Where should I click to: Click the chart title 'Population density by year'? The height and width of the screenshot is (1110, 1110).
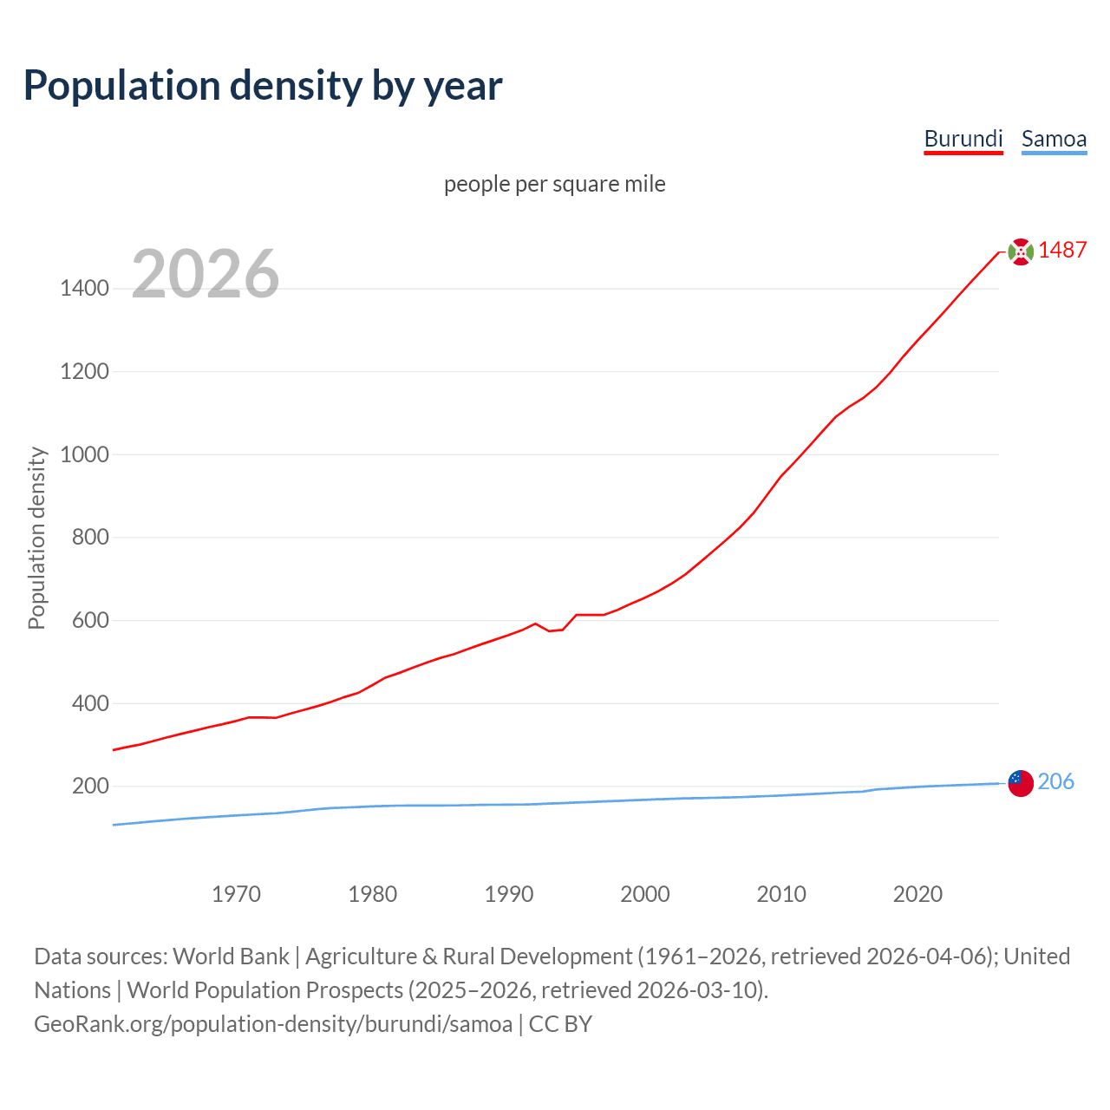click(263, 86)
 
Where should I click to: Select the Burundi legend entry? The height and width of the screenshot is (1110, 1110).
click(963, 139)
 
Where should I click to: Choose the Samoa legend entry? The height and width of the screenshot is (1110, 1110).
click(1054, 139)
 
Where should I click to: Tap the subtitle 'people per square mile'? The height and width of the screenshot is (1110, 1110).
click(555, 184)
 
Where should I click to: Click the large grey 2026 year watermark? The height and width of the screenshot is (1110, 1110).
click(206, 274)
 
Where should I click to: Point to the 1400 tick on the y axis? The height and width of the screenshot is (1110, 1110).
click(84, 288)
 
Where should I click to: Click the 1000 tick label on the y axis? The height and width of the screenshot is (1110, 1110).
click(84, 454)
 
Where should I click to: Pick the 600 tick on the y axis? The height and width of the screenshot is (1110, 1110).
click(90, 620)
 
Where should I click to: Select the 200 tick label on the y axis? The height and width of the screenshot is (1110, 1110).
click(90, 787)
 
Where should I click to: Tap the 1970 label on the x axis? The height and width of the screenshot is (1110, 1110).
click(236, 894)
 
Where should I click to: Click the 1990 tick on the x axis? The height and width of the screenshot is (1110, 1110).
click(509, 894)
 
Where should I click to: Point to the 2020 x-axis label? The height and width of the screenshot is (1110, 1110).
click(917, 894)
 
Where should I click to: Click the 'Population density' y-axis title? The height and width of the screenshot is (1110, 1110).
click(36, 538)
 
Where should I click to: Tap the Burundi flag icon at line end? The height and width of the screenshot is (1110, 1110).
click(1021, 251)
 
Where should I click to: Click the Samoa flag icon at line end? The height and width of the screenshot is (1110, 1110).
click(1021, 783)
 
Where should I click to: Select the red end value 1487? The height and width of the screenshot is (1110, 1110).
click(1062, 251)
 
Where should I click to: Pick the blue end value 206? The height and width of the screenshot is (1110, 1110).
click(1055, 782)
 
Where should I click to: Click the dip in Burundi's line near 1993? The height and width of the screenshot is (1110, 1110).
click(550, 630)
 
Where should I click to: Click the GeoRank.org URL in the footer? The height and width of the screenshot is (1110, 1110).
click(273, 1024)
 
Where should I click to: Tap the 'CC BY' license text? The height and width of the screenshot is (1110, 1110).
click(560, 1024)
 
